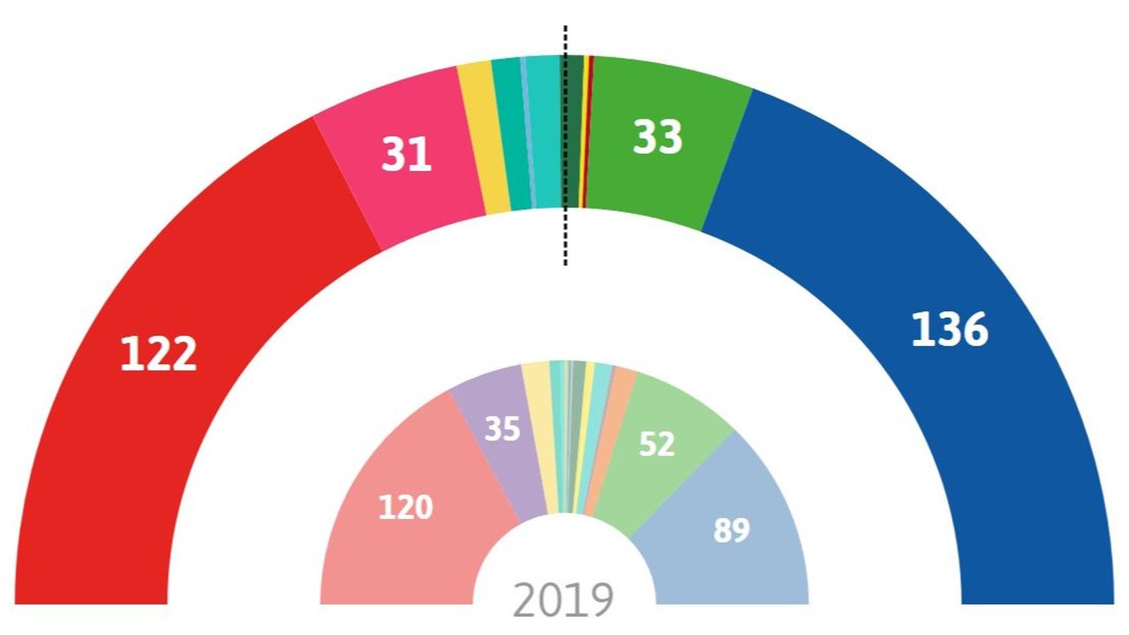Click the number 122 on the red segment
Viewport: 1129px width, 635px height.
point(158,353)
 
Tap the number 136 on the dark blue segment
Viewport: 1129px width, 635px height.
point(949,329)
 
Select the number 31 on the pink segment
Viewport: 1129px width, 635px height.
point(406,155)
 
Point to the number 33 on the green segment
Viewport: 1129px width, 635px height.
point(657,137)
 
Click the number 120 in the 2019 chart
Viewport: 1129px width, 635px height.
point(405,507)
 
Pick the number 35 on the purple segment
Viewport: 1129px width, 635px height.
point(502,429)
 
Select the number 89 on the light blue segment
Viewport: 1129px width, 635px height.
point(731,530)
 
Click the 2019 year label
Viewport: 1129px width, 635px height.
point(563,600)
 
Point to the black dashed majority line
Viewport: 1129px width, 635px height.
point(565,240)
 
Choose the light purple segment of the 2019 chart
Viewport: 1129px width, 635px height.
point(494,466)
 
